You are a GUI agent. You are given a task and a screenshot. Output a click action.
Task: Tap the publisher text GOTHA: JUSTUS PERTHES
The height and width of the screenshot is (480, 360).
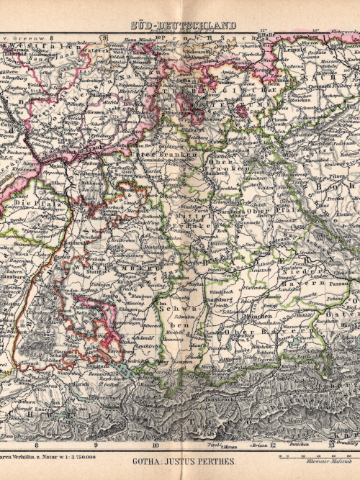(180, 462)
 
